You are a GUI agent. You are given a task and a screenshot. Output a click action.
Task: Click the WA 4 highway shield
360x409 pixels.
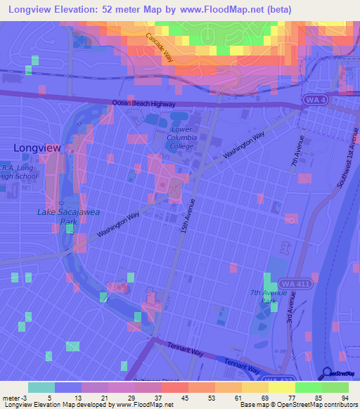316,100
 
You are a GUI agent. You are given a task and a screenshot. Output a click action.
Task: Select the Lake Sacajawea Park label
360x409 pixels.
58,216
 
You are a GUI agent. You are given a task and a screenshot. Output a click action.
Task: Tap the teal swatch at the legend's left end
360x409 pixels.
41,387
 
